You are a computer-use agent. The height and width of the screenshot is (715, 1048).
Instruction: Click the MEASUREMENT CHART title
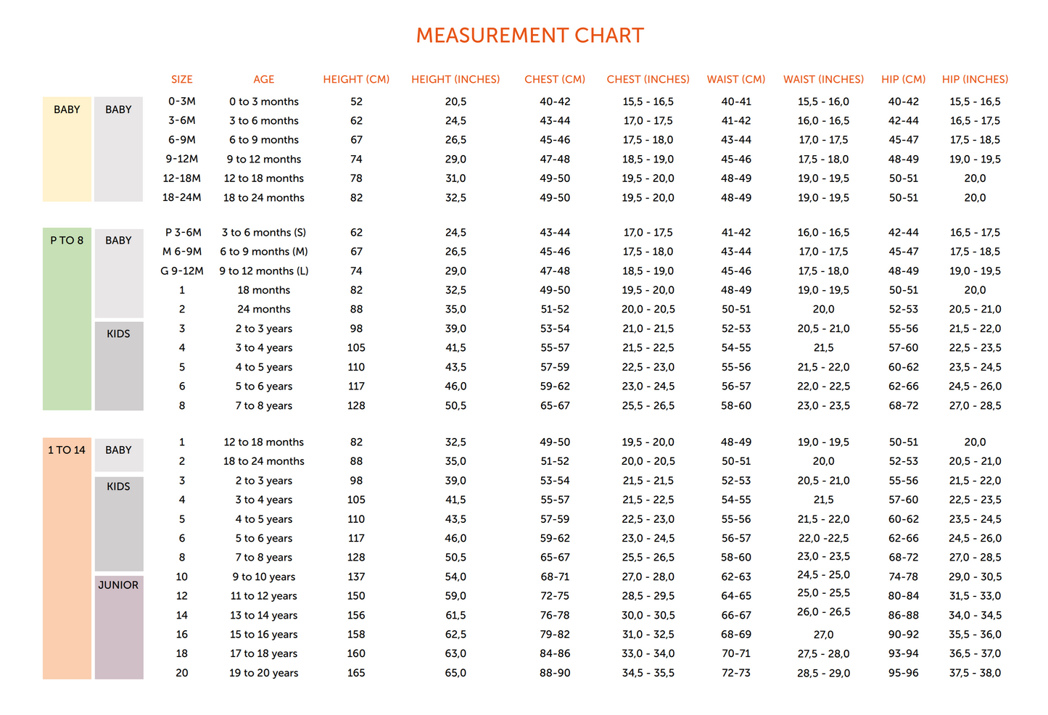click(x=529, y=36)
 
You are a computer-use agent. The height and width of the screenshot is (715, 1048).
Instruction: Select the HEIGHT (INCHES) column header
click(x=455, y=79)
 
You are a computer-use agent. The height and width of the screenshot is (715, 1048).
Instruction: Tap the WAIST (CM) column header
click(x=735, y=79)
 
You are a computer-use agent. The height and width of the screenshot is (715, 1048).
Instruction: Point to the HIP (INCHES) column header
click(x=975, y=79)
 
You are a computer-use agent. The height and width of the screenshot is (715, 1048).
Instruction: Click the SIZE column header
click(x=182, y=79)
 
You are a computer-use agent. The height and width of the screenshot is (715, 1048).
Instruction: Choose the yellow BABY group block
click(x=67, y=149)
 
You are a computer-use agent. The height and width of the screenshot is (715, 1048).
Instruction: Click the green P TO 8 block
click(x=67, y=319)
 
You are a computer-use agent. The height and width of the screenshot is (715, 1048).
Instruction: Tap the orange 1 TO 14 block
click(x=67, y=558)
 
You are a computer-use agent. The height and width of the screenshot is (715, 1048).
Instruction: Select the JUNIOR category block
click(x=119, y=627)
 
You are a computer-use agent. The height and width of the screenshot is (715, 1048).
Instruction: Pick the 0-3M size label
click(x=182, y=102)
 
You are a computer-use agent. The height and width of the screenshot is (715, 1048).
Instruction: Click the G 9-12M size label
click(x=182, y=270)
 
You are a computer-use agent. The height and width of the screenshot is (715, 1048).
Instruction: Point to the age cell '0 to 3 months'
click(x=264, y=102)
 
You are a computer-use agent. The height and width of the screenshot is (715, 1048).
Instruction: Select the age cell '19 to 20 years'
click(x=264, y=673)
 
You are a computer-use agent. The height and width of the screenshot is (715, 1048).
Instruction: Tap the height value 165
click(x=356, y=673)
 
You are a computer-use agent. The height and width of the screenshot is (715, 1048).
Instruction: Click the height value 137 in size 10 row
click(x=356, y=576)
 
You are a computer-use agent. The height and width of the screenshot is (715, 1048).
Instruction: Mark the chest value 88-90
click(x=555, y=673)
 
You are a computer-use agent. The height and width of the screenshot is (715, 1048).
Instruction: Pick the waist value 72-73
click(x=735, y=673)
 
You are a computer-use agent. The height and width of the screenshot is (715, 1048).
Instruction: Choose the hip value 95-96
click(x=904, y=673)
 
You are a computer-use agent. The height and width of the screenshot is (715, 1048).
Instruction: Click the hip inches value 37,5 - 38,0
click(x=975, y=673)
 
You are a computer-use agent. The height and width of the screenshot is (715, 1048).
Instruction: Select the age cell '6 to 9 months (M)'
click(x=264, y=252)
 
